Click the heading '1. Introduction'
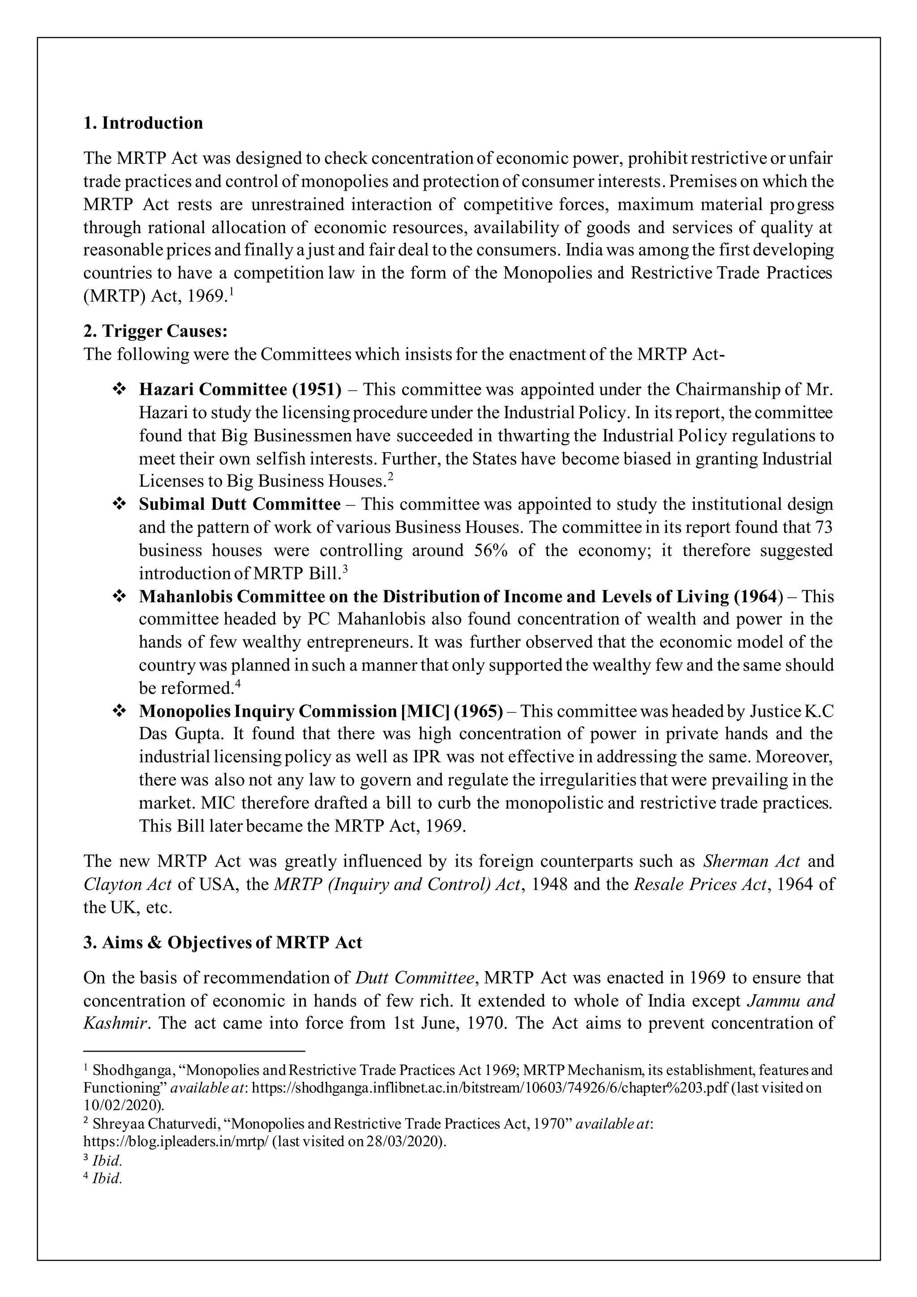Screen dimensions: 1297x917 [143, 123]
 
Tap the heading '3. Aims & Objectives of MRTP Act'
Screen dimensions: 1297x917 [223, 942]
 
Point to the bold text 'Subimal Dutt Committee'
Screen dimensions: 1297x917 [240, 504]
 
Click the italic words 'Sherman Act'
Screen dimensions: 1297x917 [751, 861]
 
